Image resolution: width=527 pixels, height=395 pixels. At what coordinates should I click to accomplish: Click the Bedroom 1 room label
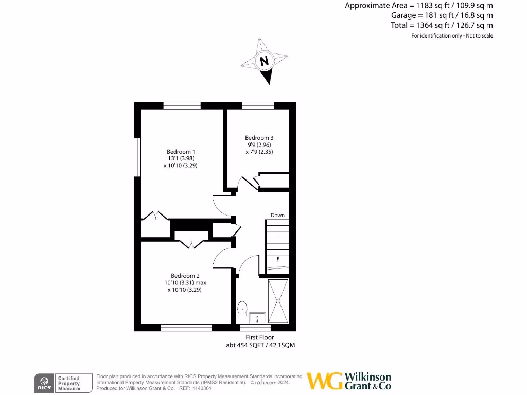click(181, 152)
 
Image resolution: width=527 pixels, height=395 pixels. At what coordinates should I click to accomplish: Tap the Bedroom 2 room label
click(185, 276)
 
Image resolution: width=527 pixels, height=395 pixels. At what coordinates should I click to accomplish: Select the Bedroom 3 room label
click(259, 138)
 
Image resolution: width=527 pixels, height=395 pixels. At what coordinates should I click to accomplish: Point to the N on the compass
click(265, 61)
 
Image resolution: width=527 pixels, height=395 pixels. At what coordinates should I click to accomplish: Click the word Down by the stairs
click(277, 216)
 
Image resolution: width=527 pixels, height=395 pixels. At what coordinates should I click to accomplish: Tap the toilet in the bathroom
click(242, 309)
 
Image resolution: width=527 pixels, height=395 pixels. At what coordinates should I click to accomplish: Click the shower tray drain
click(278, 300)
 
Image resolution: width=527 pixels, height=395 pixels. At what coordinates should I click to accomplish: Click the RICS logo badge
click(43, 382)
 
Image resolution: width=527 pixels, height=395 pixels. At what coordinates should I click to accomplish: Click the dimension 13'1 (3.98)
click(181, 159)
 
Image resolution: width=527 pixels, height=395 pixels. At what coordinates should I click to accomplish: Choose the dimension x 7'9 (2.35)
click(259, 152)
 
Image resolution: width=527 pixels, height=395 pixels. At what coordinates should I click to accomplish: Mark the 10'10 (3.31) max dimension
click(185, 282)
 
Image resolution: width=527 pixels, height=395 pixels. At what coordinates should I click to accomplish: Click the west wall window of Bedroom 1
click(137, 157)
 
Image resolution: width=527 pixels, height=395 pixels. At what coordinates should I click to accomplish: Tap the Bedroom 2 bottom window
click(186, 328)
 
